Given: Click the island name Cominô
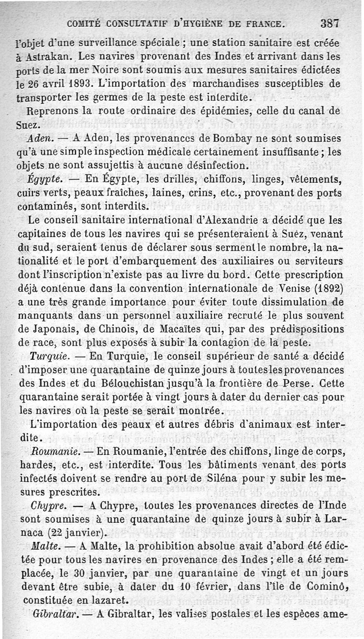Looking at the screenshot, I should [326, 587].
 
